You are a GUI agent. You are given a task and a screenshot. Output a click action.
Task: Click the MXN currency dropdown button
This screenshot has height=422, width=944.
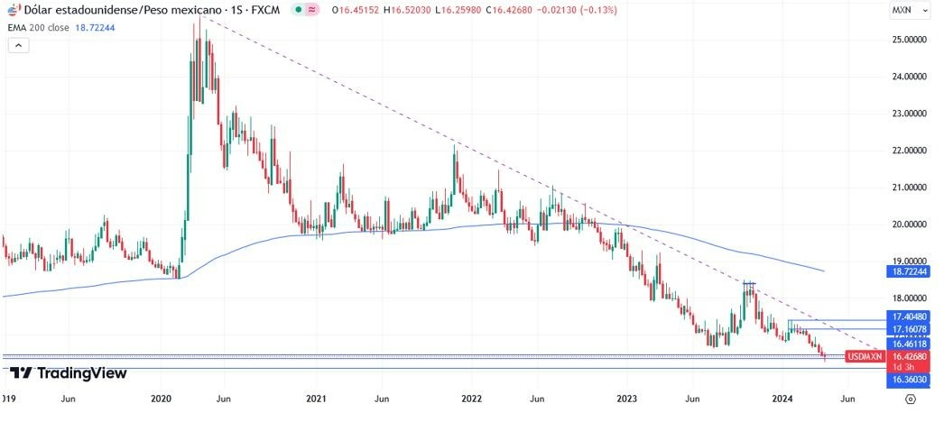coord(905,10)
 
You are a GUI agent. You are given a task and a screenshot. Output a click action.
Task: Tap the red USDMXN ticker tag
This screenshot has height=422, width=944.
coord(865,356)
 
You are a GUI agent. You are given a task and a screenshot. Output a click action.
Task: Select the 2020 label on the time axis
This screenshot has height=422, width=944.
coord(162,398)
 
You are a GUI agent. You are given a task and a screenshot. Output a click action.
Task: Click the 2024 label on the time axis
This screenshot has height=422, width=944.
coord(782,398)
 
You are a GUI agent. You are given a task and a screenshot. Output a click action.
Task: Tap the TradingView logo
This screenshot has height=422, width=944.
coord(69,372)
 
